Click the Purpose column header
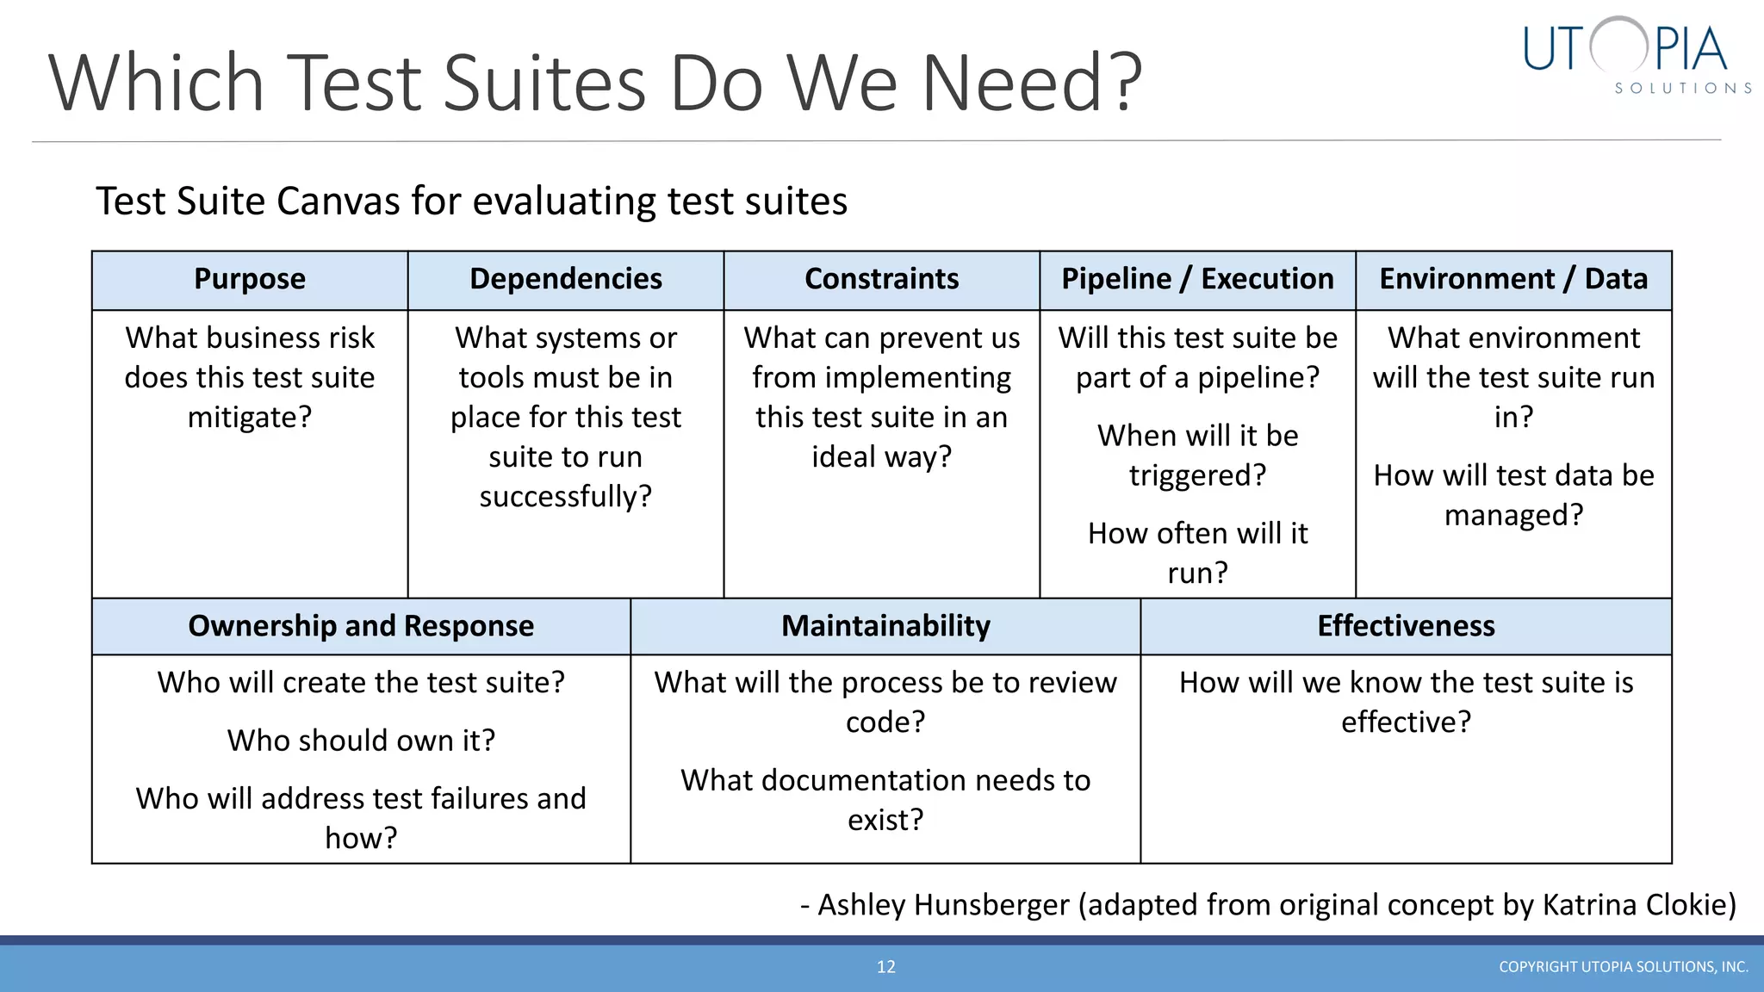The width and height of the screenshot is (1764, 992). [250, 279]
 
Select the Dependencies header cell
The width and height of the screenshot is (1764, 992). [566, 279]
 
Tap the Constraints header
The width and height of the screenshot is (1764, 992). [881, 279]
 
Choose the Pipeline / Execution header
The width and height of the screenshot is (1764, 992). [1197, 279]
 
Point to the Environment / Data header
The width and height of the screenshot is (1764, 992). [1513, 279]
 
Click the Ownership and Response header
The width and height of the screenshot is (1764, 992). [361, 626]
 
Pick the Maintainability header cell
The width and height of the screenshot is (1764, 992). [885, 626]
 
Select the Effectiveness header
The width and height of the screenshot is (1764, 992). [1406, 626]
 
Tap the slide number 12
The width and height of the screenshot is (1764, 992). [886, 967]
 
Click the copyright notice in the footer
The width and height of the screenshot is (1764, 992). [1623, 967]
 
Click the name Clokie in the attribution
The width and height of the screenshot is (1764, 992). [1689, 905]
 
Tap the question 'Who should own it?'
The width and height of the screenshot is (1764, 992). [361, 741]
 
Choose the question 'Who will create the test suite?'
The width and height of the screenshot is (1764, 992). [361, 683]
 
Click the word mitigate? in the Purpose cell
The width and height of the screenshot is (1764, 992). [250, 418]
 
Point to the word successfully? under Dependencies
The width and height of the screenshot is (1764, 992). [566, 497]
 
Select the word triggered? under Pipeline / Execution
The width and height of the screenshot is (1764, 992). [1197, 475]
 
